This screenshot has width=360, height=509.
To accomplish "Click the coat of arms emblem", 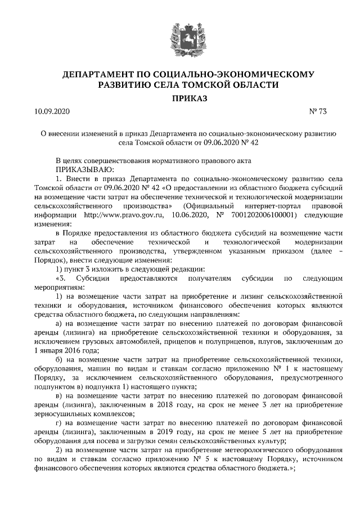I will (x=180, y=35).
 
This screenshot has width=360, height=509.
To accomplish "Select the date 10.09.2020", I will (x=51, y=112).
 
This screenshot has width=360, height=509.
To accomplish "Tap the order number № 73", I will (x=318, y=112).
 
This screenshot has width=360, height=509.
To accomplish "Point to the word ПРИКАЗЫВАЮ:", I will (x=84, y=169).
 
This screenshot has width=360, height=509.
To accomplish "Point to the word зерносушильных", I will (x=61, y=414).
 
